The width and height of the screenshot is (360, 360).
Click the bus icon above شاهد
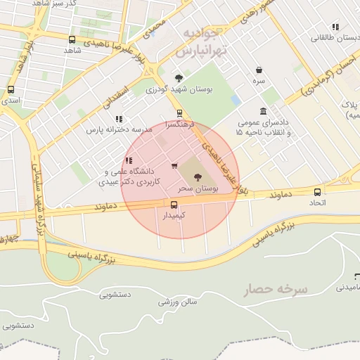(x=72, y=39)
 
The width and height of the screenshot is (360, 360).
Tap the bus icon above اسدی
(x=11, y=90)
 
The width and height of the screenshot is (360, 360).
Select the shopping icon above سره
(x=259, y=70)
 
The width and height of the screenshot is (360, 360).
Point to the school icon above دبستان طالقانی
(x=335, y=27)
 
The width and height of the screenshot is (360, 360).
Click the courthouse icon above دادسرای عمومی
(x=263, y=111)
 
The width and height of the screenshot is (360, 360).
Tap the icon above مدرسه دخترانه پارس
(x=119, y=119)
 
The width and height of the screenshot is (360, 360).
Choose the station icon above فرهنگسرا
(x=179, y=112)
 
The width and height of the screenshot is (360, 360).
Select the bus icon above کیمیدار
(x=174, y=205)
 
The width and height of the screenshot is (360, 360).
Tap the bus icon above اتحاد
(x=317, y=192)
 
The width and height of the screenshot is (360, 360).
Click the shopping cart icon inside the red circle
(x=174, y=166)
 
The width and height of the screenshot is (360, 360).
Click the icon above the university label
(x=128, y=161)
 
